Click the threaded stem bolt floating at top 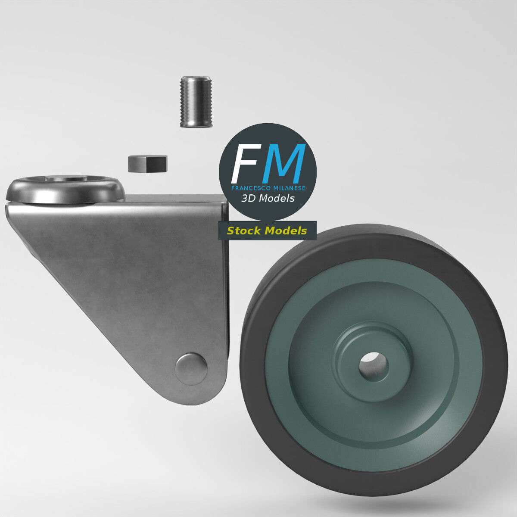click(196, 102)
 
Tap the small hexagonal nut click(147, 163)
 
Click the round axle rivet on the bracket click(191, 369)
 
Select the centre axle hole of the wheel click(374, 366)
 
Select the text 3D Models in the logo click(268, 198)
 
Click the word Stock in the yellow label click(244, 231)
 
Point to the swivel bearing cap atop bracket click(65, 190)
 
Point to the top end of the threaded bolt click(196, 79)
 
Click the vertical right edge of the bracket click(225, 280)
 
